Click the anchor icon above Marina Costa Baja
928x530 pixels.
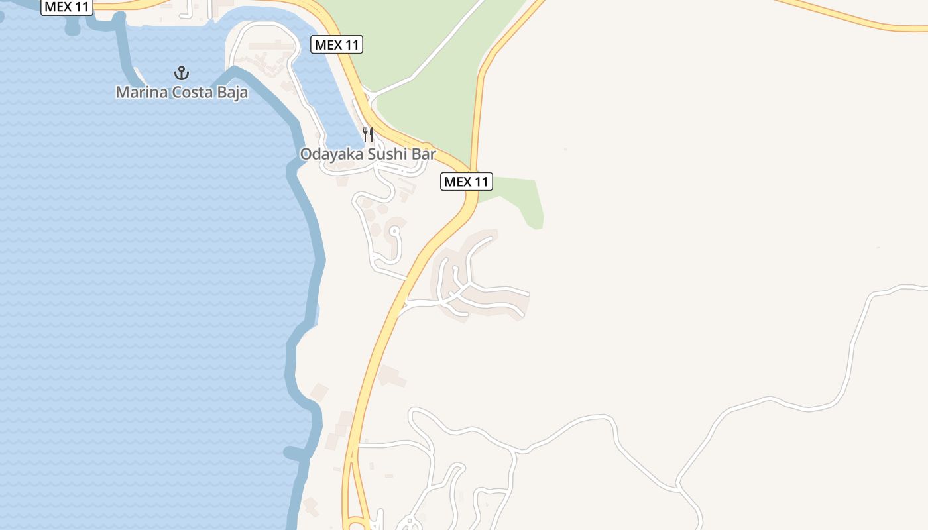click(182, 73)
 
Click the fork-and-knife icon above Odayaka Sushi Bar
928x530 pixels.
click(368, 134)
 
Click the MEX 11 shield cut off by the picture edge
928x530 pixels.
click(67, 7)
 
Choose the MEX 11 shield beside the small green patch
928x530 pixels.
click(467, 182)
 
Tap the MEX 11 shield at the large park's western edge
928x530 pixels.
click(337, 45)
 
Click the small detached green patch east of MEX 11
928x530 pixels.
click(524, 199)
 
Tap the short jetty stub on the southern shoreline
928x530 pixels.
click(295, 453)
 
